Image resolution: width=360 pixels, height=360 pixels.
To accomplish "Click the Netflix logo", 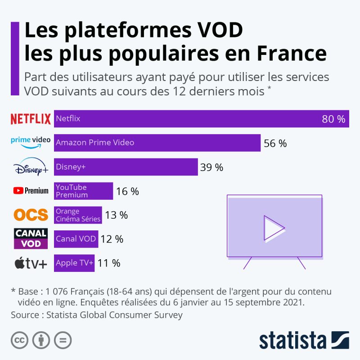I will tap(31, 119).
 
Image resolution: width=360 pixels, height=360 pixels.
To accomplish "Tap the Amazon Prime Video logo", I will tap(31, 142).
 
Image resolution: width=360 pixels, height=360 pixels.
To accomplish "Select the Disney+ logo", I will tap(31, 167).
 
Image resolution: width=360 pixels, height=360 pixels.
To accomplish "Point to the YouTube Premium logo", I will tap(31, 191).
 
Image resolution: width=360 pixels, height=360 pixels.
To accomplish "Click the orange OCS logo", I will tap(31, 215).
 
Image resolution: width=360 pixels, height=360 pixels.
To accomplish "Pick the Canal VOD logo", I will tap(31, 238).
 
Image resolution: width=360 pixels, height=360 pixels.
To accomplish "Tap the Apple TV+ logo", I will tap(31, 263).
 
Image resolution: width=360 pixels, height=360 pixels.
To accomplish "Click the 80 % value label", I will tap(333, 119).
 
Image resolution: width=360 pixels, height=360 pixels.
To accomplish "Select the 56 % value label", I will tap(275, 143).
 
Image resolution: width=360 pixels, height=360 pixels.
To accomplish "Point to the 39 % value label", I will tap(211, 167).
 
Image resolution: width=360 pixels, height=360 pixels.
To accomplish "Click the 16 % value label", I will tap(127, 191).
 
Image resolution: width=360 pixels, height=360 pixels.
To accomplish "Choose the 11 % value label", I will tap(109, 263).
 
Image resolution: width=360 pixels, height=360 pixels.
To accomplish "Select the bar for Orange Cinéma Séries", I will tap(78, 215).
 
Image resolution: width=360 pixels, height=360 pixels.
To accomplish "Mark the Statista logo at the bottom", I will tap(304, 340).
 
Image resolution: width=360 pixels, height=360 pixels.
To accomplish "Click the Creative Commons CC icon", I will tap(20, 340).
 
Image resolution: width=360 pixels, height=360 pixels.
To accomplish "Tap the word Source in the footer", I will tap(25, 315).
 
